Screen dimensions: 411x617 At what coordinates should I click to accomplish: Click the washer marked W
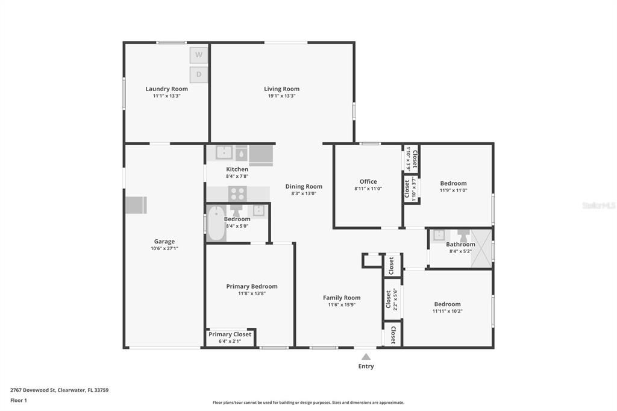point(199,55)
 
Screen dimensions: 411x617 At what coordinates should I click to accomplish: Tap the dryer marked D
point(199,75)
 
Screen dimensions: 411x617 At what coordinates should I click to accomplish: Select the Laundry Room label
point(166,89)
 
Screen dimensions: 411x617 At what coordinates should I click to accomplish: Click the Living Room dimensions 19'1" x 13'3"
point(281,96)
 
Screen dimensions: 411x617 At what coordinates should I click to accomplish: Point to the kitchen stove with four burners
point(237,193)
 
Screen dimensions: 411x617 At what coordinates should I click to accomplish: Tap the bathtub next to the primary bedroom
point(216,224)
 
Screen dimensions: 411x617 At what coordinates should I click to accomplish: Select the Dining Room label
point(304,186)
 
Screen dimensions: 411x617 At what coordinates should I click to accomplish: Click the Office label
point(368,181)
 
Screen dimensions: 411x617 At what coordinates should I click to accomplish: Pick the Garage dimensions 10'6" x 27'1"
point(164,248)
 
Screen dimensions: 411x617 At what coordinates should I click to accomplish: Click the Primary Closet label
point(230,334)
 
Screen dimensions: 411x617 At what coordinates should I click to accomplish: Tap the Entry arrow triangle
point(366,357)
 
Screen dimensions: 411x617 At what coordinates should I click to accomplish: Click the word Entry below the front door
point(366,366)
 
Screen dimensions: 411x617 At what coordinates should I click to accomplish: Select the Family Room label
point(342,298)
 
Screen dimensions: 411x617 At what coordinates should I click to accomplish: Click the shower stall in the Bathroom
point(481,248)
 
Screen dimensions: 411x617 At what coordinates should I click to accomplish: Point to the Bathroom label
point(460,244)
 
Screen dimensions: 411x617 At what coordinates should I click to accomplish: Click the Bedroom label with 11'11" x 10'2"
point(447,304)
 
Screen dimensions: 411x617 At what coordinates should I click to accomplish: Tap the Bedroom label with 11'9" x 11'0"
point(453,183)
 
